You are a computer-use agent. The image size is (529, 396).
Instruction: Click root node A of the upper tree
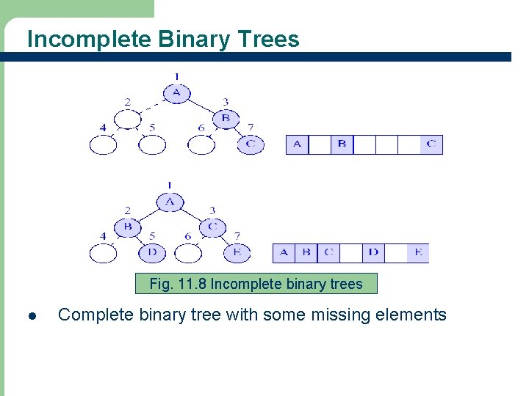pyautogui.click(x=176, y=93)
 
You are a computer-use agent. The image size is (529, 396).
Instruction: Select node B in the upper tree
pyautogui.click(x=226, y=118)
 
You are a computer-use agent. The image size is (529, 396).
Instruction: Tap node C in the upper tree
pyautogui.click(x=251, y=144)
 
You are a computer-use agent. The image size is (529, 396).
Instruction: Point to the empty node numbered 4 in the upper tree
pyautogui.click(x=103, y=145)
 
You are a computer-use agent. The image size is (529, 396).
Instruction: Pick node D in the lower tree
pyautogui.click(x=152, y=253)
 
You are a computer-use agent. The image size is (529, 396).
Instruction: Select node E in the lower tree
pyautogui.click(x=237, y=253)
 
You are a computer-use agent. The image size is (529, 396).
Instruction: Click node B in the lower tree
pyautogui.click(x=128, y=227)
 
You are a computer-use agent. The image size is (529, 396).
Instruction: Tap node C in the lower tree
pyautogui.click(x=212, y=227)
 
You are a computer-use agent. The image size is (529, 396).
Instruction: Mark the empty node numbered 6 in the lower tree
pyautogui.click(x=188, y=253)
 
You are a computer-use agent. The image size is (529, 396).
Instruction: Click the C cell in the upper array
pyautogui.click(x=431, y=144)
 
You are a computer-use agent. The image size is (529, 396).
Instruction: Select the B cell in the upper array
pyautogui.click(x=342, y=144)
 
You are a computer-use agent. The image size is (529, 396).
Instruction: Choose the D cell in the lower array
pyautogui.click(x=373, y=252)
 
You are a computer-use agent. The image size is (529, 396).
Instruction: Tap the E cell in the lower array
pyautogui.click(x=418, y=252)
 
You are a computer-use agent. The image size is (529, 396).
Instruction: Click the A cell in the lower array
pyautogui.click(x=284, y=252)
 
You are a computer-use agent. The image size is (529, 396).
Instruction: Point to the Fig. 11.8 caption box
pyautogui.click(x=256, y=284)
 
